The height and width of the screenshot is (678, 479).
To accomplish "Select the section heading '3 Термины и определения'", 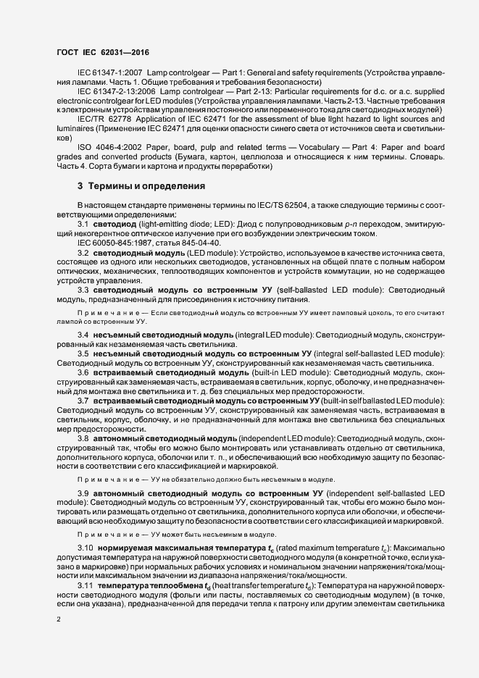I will tap(141, 185).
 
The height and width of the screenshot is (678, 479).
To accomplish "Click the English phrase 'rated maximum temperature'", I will tap(314, 548).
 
